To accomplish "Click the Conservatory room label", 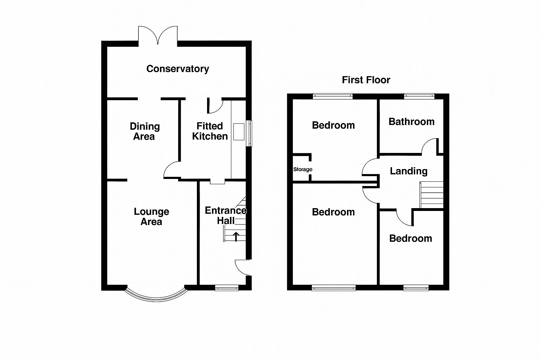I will click(x=178, y=69).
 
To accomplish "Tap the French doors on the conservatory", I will click(x=158, y=36).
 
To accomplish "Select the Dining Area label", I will click(x=144, y=131).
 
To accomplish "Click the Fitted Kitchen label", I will click(x=210, y=131).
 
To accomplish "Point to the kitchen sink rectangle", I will click(x=239, y=131).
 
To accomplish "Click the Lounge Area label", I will click(x=152, y=216).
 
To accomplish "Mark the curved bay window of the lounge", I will click(x=155, y=296).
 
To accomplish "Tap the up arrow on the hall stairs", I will click(x=236, y=237).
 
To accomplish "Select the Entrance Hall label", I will click(x=225, y=215).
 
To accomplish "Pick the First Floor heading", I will click(x=366, y=80).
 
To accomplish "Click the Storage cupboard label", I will click(x=303, y=169).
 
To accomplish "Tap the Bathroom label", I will click(x=411, y=122).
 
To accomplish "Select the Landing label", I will click(x=409, y=171).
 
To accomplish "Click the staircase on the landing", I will click(x=432, y=195).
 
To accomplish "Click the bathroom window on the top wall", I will click(x=419, y=96).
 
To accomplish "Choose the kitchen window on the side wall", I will click(x=249, y=133).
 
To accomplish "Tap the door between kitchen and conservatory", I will click(x=215, y=106).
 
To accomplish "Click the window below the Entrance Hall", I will click(x=227, y=288).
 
